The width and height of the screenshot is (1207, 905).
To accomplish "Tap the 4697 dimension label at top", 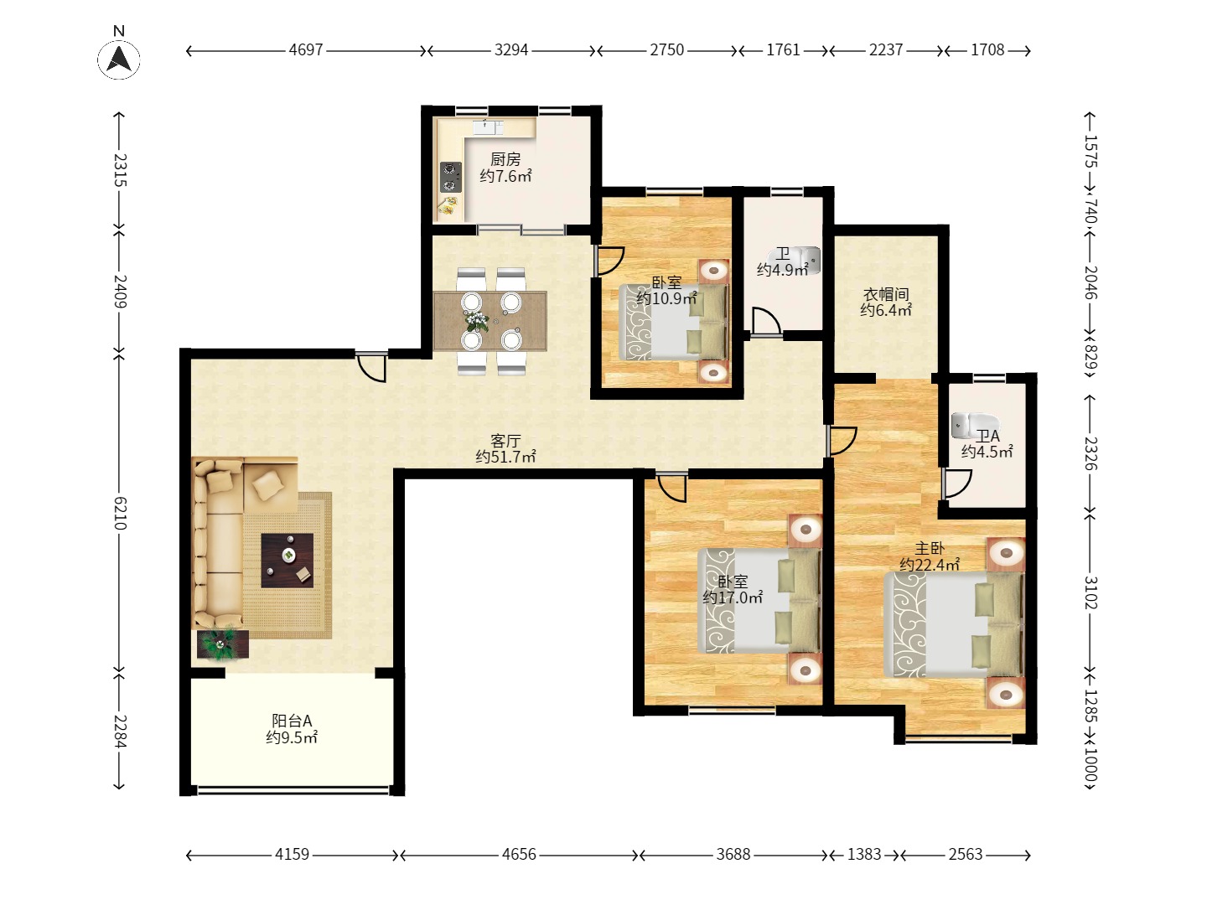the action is tap(306, 50).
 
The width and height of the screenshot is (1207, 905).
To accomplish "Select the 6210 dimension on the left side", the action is tap(120, 513).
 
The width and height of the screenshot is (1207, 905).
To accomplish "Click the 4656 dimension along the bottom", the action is tap(519, 855).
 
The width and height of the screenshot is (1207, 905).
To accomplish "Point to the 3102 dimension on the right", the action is tap(1090, 592).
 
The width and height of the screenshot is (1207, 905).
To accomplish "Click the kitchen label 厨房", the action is tap(505, 159).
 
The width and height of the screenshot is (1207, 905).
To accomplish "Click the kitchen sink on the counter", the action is tap(488, 127).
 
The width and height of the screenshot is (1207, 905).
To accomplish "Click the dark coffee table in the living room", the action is tap(287, 561).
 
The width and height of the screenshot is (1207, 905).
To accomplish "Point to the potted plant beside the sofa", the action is tap(222, 644).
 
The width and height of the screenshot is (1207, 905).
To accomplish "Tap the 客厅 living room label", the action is tap(505, 441).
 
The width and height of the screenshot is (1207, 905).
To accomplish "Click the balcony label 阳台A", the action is tap(292, 721).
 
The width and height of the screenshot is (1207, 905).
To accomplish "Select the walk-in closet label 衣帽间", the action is tap(885, 294).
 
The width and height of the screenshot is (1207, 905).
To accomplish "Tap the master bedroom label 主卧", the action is tap(930, 548).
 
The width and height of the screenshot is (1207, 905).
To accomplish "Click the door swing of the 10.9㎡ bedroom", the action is tap(609, 261).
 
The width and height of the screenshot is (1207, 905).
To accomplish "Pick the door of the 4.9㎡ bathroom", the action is tap(765, 322).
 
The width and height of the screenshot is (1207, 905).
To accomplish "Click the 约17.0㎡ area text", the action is tap(733, 597).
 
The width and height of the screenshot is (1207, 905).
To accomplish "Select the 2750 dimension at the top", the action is tap(666, 50).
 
